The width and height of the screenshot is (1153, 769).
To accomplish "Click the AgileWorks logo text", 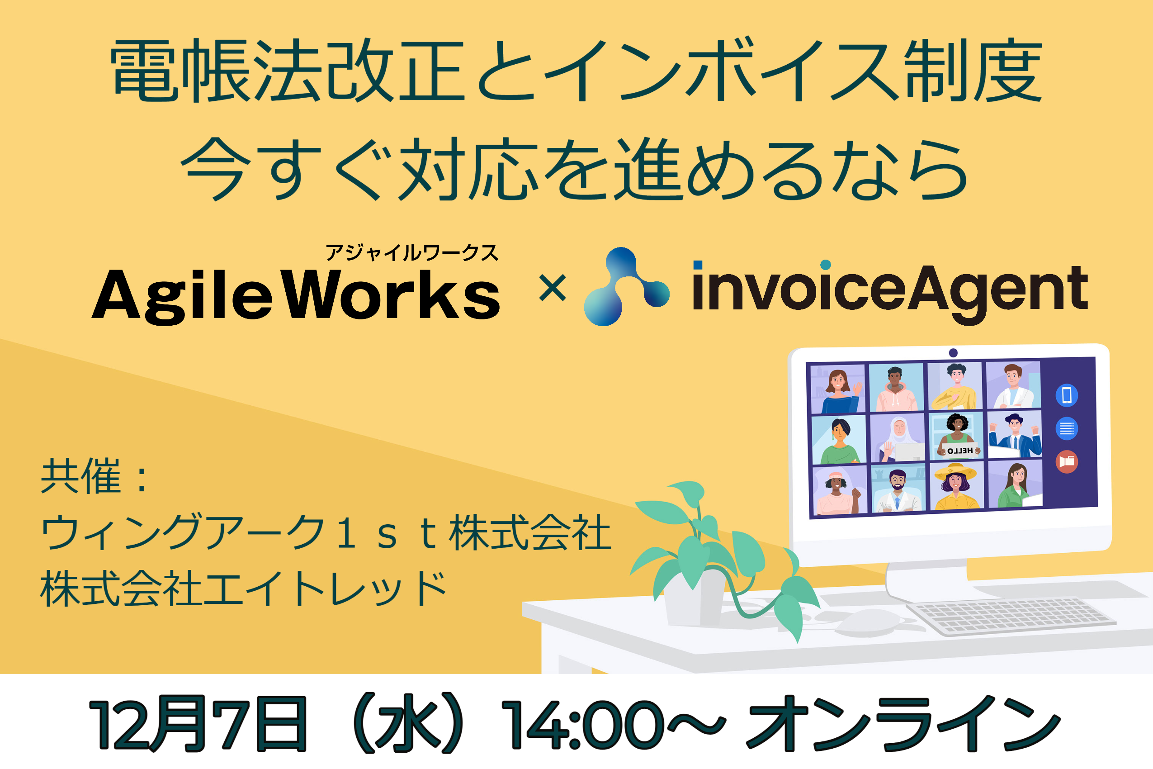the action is pos(296,296).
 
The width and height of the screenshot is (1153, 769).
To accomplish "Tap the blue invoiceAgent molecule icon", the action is pos(626,286).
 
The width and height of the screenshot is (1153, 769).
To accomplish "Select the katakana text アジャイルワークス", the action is pos(412,253).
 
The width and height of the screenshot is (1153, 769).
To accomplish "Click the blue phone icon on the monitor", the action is pos(1067,395).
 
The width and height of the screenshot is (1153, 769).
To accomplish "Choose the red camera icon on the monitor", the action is pos(1067,461).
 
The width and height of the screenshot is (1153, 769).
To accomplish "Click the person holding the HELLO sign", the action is pos(957,437).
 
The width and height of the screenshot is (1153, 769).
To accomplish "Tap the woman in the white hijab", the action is pos(898,438).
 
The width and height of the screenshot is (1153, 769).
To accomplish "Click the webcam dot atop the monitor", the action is pos(953,353).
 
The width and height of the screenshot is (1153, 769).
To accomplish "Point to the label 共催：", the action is pos(95,475).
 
